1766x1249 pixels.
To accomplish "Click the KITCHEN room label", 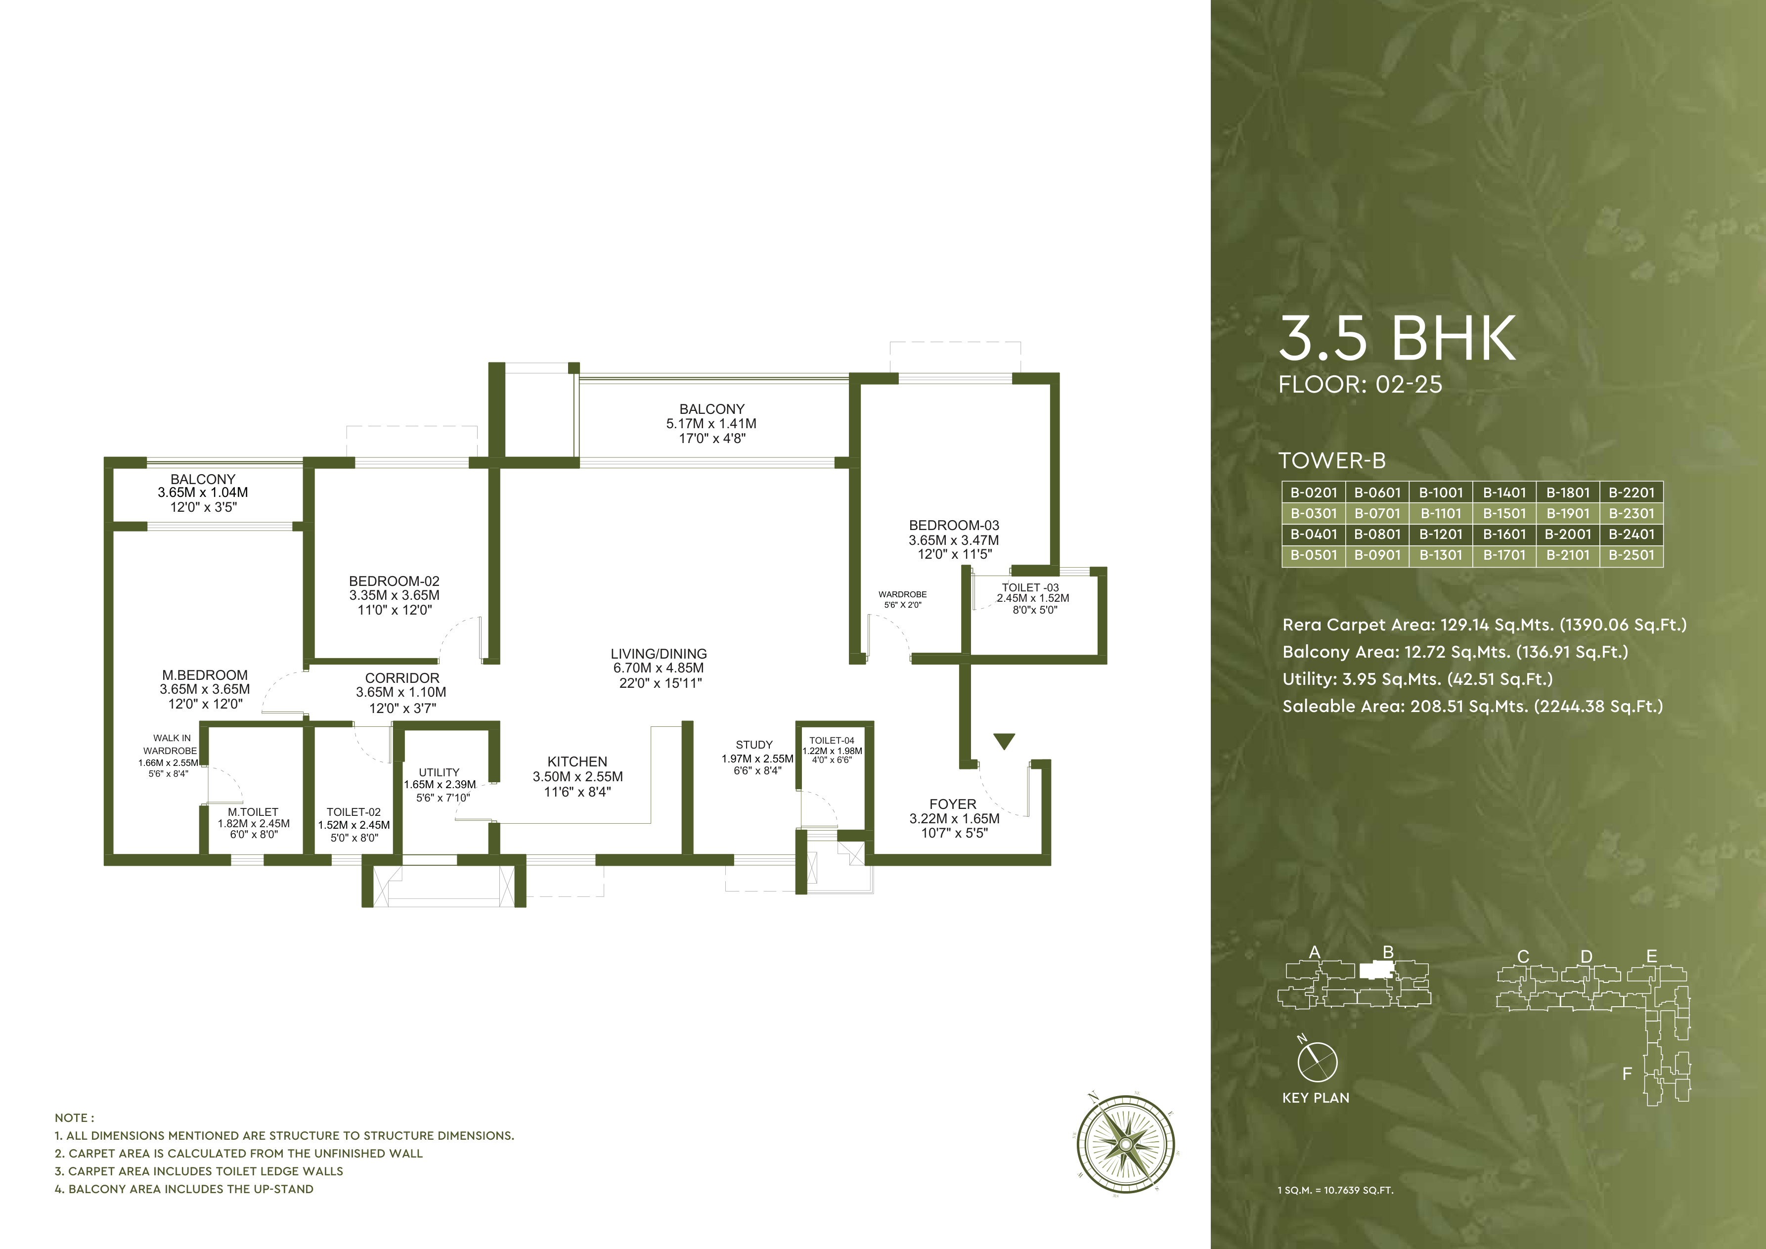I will [577, 761].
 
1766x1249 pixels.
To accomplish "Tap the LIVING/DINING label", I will [659, 654].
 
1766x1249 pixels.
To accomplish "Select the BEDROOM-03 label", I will [954, 525].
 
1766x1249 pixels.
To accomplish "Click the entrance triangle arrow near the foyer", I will [1004, 741].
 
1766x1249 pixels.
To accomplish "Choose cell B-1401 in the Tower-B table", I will [1503, 492].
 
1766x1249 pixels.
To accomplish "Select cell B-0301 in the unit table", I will [1313, 513].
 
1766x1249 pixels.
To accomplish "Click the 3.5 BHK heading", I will [1396, 338].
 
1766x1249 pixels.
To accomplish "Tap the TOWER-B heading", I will [1331, 461].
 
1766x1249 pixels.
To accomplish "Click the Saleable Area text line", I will [1472, 706].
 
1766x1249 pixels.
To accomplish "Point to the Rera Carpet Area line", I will [1484, 624].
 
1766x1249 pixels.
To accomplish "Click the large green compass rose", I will [1125, 1144].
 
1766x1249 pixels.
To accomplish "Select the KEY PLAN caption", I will [1315, 1098].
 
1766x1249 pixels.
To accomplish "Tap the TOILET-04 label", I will [832, 741].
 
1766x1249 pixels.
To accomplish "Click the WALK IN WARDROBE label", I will [171, 745].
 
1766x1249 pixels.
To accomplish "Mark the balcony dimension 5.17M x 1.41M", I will [711, 424].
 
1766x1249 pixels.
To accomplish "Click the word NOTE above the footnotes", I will [74, 1117].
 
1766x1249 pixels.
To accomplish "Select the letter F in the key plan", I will [1627, 1073].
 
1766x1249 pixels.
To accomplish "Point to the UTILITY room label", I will [439, 772].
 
